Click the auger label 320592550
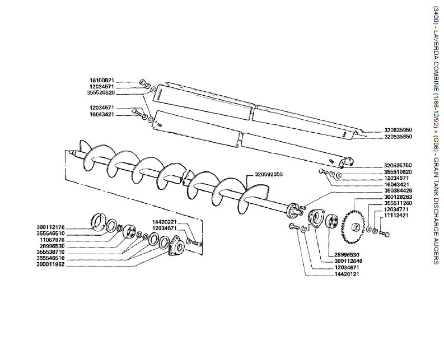(x=269, y=174)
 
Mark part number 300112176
(x=50, y=227)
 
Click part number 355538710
(x=50, y=251)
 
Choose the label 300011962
(x=50, y=264)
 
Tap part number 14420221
(x=165, y=222)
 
